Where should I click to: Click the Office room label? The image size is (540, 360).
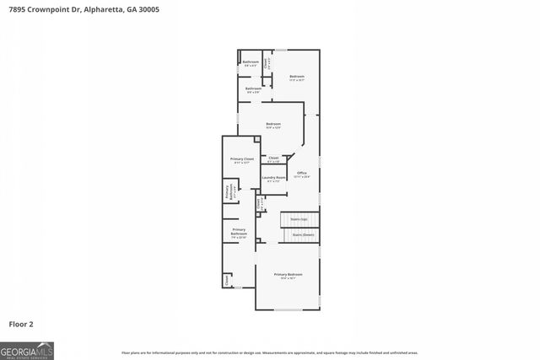[301, 175]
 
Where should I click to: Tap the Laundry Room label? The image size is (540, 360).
[272, 178]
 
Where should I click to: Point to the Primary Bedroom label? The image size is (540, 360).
[288, 276]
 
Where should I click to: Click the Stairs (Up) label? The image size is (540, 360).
[299, 218]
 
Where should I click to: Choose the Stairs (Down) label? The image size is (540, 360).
[302, 234]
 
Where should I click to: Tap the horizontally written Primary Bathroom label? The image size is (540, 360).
[239, 232]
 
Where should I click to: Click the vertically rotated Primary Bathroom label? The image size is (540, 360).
[228, 192]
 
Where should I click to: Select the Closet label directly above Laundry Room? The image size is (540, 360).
[273, 159]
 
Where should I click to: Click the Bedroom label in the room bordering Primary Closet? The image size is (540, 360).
[273, 126]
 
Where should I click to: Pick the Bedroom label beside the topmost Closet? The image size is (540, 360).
[296, 78]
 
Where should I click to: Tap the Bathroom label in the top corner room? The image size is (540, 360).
[251, 62]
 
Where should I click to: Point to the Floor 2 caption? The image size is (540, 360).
[21, 323]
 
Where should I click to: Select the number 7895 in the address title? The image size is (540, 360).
[16, 9]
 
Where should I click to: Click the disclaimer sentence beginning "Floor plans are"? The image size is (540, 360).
[269, 352]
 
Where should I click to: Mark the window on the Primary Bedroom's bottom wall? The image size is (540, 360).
[288, 309]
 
